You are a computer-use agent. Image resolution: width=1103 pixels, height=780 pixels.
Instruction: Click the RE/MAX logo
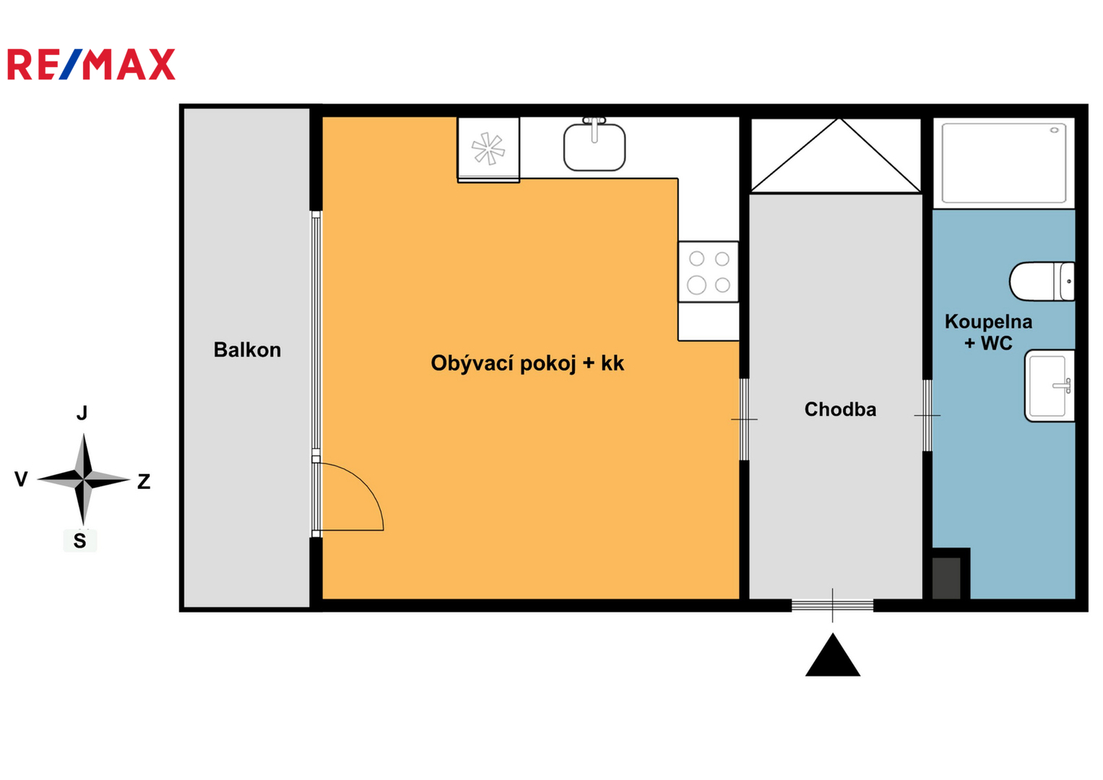pos(92,64)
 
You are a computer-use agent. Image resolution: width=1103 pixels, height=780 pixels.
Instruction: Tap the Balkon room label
pos(247,350)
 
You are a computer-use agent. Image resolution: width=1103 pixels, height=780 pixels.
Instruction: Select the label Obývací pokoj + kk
pos(527,364)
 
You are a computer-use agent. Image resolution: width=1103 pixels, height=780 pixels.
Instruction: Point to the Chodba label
pos(840,409)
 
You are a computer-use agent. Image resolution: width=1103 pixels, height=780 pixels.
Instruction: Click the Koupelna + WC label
pos(988,332)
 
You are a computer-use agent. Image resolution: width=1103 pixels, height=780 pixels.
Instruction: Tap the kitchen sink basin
pos(594,146)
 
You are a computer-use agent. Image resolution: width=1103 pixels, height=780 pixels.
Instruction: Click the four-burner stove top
pos(708,272)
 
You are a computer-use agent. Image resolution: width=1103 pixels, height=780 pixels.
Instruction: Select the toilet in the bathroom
pos(1042,281)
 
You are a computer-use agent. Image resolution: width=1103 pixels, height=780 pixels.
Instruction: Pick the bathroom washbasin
pos(1050,386)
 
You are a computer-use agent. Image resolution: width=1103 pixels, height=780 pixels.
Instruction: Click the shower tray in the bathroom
pos(1004,163)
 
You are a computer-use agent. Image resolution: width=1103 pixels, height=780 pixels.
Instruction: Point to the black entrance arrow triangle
pos(833,655)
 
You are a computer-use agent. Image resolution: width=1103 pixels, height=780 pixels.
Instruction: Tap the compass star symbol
pos(84,479)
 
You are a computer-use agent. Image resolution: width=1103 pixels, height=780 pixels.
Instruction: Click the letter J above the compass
pos(82,412)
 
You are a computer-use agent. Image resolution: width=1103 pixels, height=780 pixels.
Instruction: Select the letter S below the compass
pos(79,541)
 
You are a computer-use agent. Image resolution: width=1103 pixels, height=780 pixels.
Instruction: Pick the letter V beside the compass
pos(21,479)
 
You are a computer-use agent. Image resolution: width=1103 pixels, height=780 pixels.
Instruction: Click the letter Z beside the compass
pos(144,482)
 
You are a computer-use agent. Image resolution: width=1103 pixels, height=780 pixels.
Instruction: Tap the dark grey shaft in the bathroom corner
pos(946,578)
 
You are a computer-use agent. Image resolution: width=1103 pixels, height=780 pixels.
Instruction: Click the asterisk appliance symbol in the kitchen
pos(488,148)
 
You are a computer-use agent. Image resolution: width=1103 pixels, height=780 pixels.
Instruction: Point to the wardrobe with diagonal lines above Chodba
pos(836,155)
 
